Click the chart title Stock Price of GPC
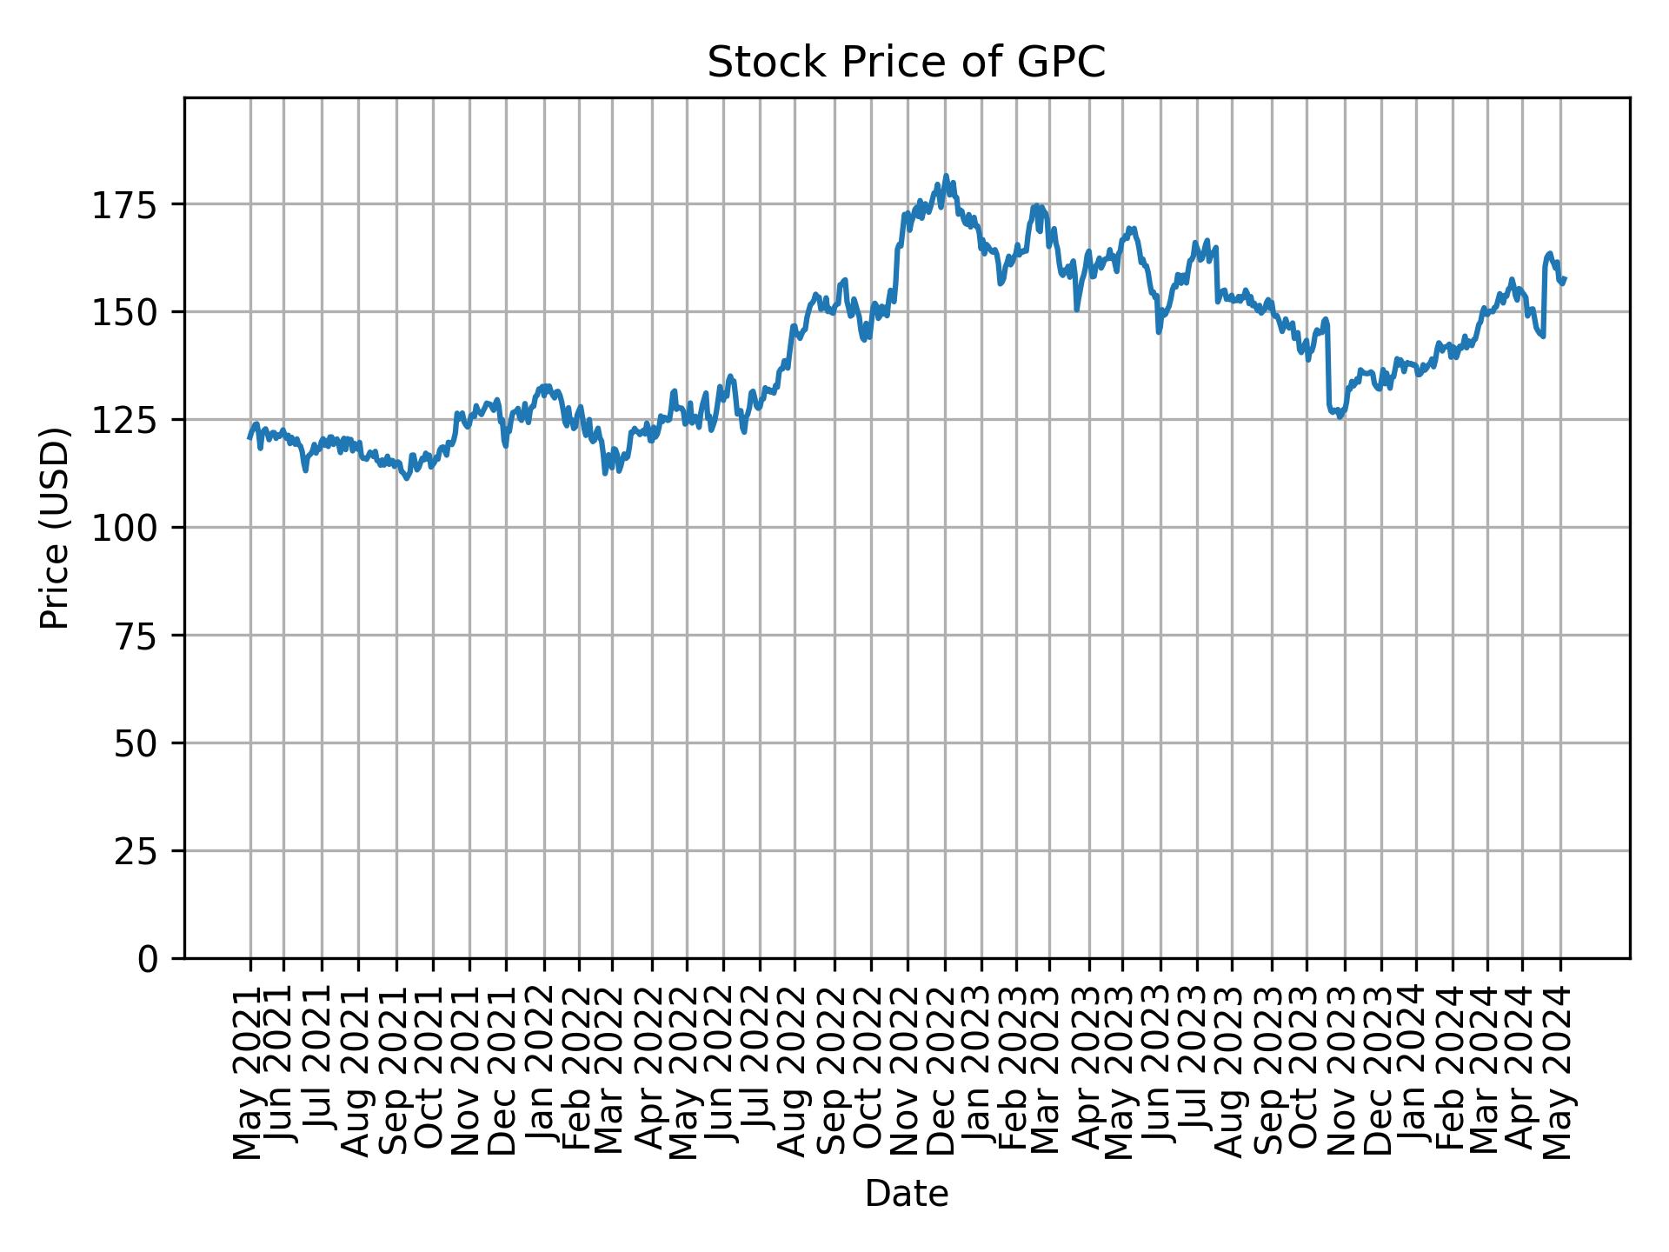tap(906, 63)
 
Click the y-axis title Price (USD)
tap(54, 528)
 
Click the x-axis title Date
tap(906, 1194)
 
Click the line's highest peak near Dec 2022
tap(946, 176)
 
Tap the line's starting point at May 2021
tap(249, 437)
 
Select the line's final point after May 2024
tap(1565, 279)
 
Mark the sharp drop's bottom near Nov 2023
tap(1340, 416)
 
